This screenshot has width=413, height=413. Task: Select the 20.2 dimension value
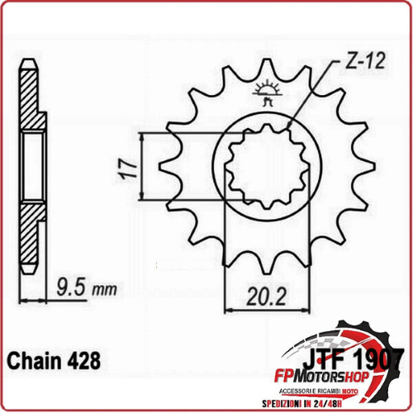(x=263, y=294)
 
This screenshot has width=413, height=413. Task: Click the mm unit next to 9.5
(x=103, y=292)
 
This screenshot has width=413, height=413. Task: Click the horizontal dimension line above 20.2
(x=264, y=308)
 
